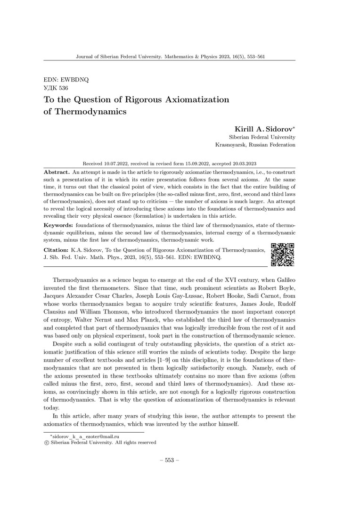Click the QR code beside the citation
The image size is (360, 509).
pyautogui.click(x=283, y=254)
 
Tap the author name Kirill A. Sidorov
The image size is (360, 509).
pyautogui.click(x=265, y=129)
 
